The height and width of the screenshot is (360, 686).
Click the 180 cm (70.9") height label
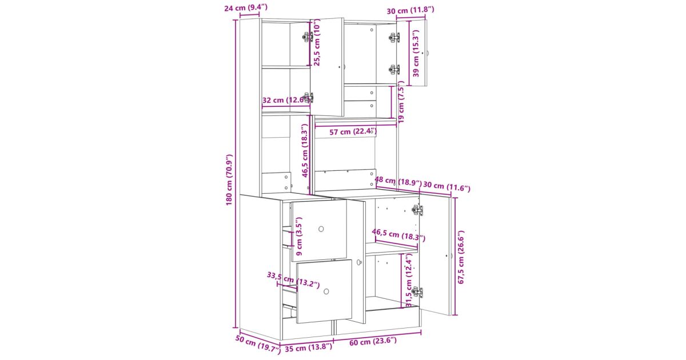click(229, 180)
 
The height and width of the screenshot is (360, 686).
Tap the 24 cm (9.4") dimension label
click(246, 7)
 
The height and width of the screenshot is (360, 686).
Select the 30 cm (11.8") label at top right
click(410, 11)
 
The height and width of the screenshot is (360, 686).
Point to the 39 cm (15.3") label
click(416, 53)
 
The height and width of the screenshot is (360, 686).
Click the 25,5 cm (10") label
click(317, 42)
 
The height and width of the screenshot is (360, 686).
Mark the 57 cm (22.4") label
click(353, 132)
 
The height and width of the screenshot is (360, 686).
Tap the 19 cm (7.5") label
click(401, 102)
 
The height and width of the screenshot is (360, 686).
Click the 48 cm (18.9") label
click(398, 182)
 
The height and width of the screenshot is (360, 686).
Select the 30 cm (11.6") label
click(447, 186)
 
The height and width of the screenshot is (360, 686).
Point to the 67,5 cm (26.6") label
click(461, 257)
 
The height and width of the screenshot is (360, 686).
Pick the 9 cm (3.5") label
click(299, 237)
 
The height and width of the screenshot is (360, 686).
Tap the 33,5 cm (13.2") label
click(293, 280)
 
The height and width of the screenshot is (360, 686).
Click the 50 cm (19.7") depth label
click(258, 345)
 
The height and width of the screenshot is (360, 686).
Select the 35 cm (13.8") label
click(308, 347)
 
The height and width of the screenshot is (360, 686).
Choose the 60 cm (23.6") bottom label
click(373, 341)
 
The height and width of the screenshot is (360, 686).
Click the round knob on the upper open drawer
click(321, 229)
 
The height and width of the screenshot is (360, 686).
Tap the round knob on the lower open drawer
click(326, 291)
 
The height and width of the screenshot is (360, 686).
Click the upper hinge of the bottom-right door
click(417, 210)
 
